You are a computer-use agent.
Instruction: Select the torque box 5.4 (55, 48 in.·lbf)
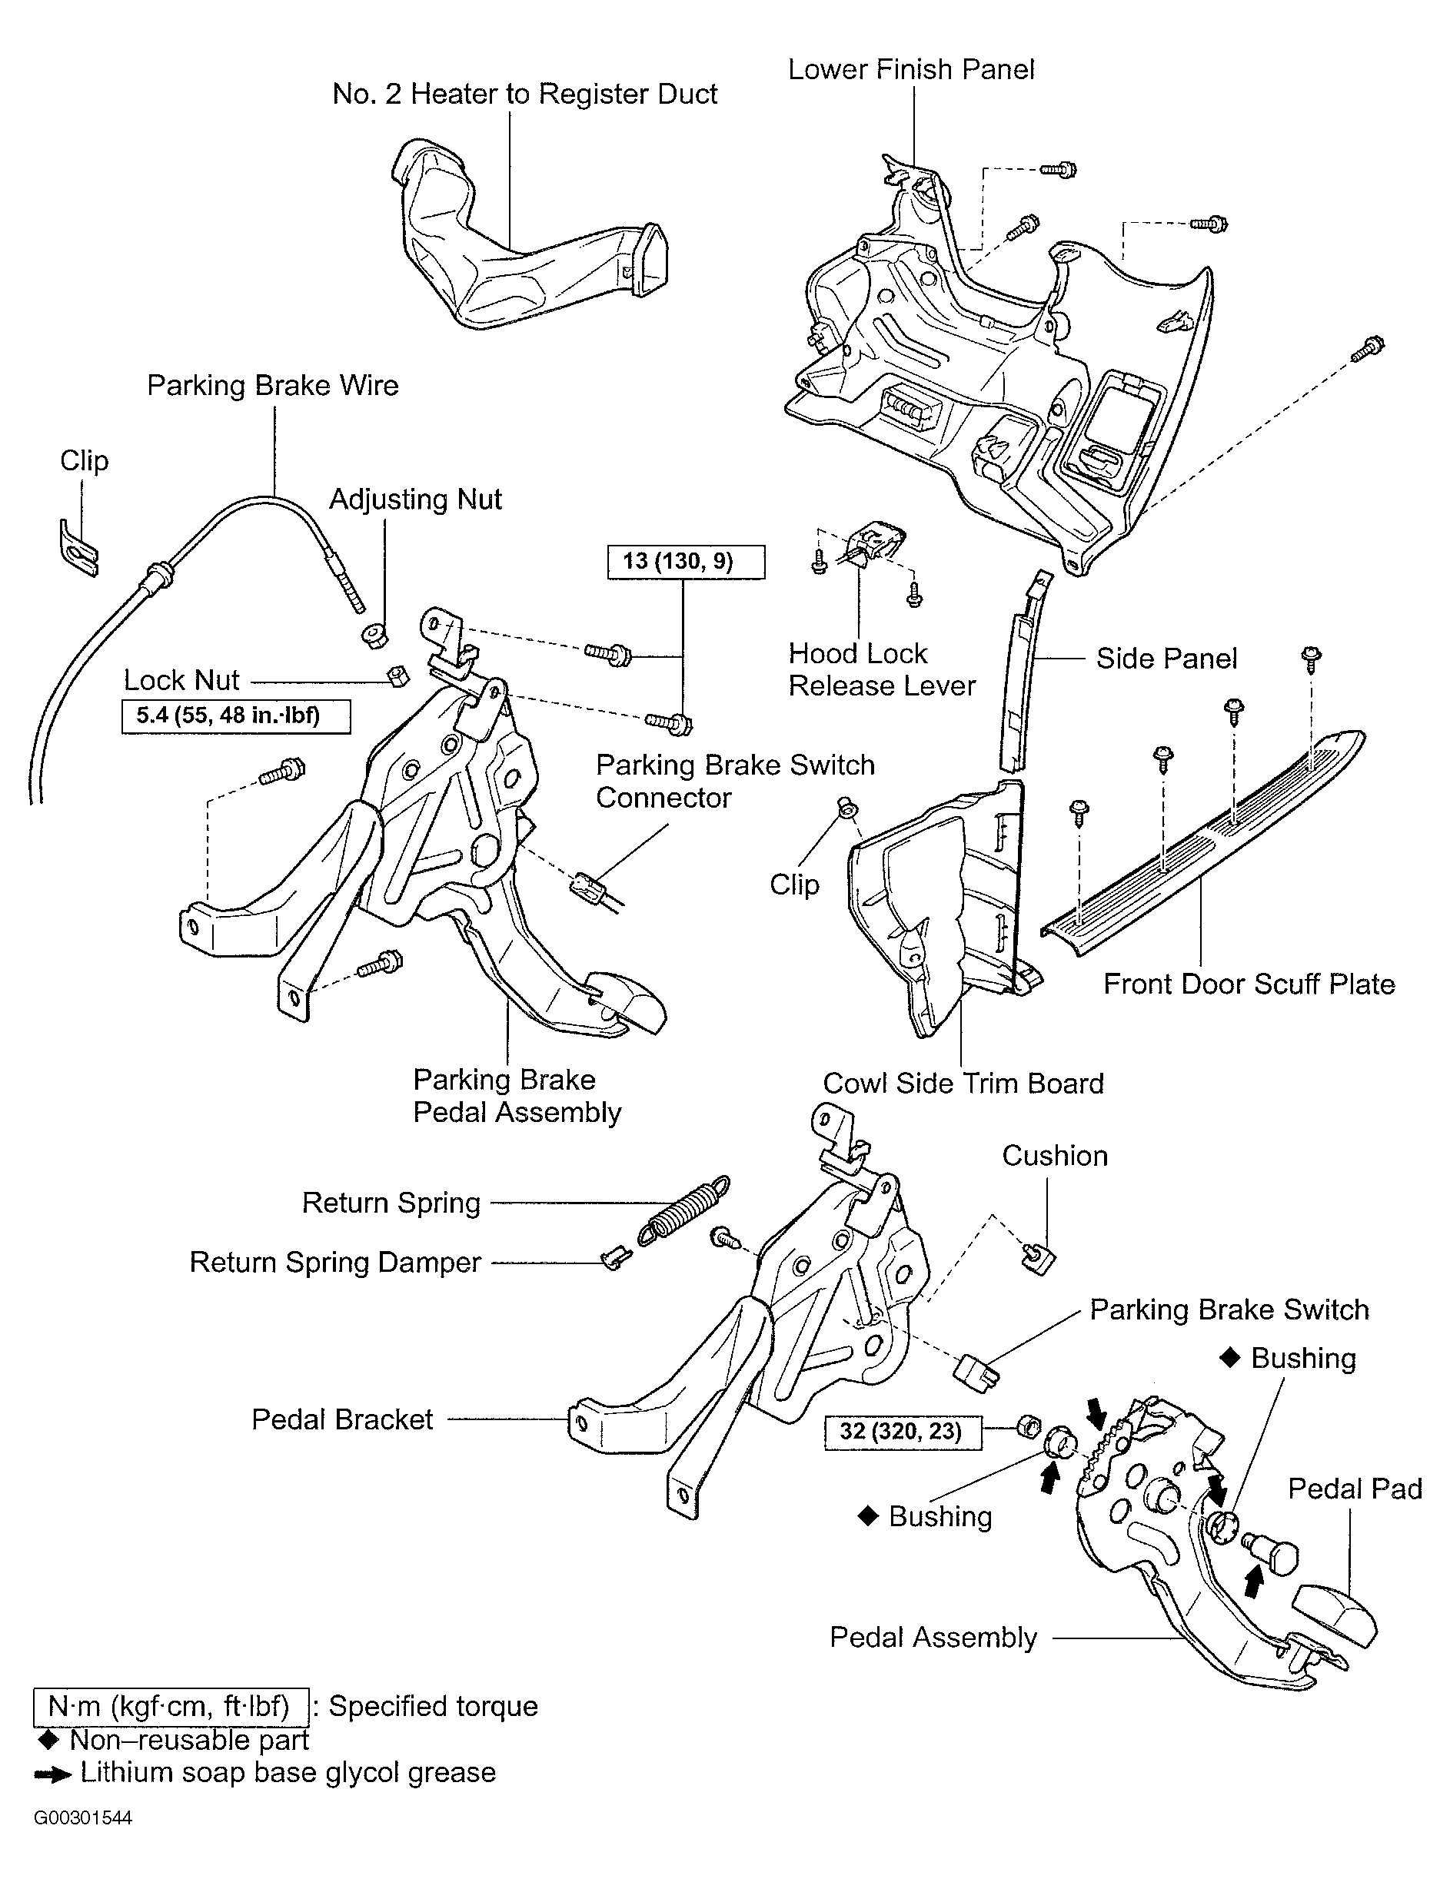point(236,716)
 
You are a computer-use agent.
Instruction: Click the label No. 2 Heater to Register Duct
point(524,94)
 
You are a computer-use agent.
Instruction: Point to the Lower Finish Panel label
point(911,70)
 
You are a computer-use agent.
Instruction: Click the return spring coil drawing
point(684,1209)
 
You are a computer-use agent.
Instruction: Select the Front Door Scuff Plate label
point(1249,984)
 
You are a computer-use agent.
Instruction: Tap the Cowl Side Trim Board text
point(963,1084)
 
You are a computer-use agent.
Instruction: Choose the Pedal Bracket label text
point(342,1419)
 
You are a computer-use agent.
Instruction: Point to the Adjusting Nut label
point(415,500)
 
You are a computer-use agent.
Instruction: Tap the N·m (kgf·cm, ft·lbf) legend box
point(171,1706)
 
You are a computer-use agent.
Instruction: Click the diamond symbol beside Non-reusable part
point(48,1741)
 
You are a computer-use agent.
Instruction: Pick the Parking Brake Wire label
point(272,385)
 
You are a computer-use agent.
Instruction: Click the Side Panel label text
point(1166,659)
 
